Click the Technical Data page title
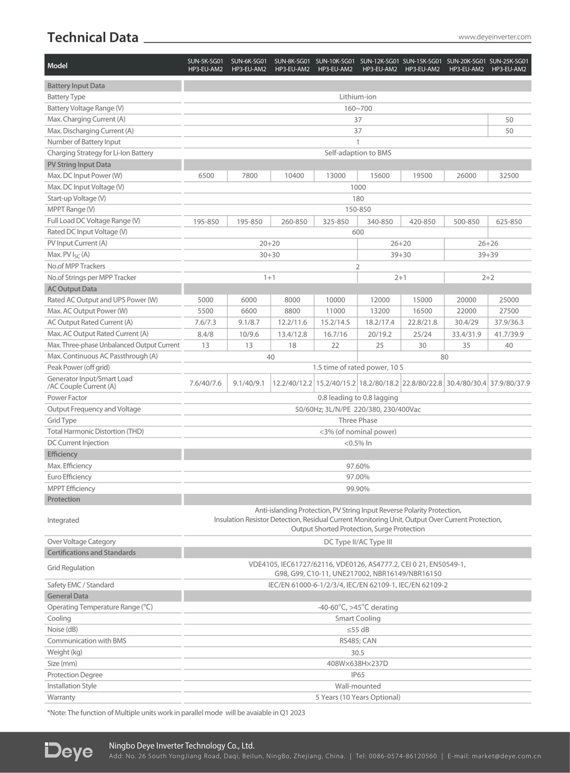coord(93,37)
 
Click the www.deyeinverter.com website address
coord(494,37)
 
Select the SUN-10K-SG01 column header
coord(335,65)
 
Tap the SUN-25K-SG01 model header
coord(509,65)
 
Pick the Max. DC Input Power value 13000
coord(336,176)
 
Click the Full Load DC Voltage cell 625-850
coord(509,221)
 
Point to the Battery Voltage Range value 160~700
coord(357,108)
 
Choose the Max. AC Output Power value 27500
coord(509,311)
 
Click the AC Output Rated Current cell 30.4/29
coord(466,323)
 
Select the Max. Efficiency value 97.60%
coord(357,466)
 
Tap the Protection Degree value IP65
coord(357,675)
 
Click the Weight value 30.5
coord(357,652)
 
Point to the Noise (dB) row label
coord(62,630)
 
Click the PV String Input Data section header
coord(79,165)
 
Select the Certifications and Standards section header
coord(91,553)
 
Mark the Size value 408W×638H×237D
coord(357,663)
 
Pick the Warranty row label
coord(61,697)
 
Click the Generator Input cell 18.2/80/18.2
coord(379,383)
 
